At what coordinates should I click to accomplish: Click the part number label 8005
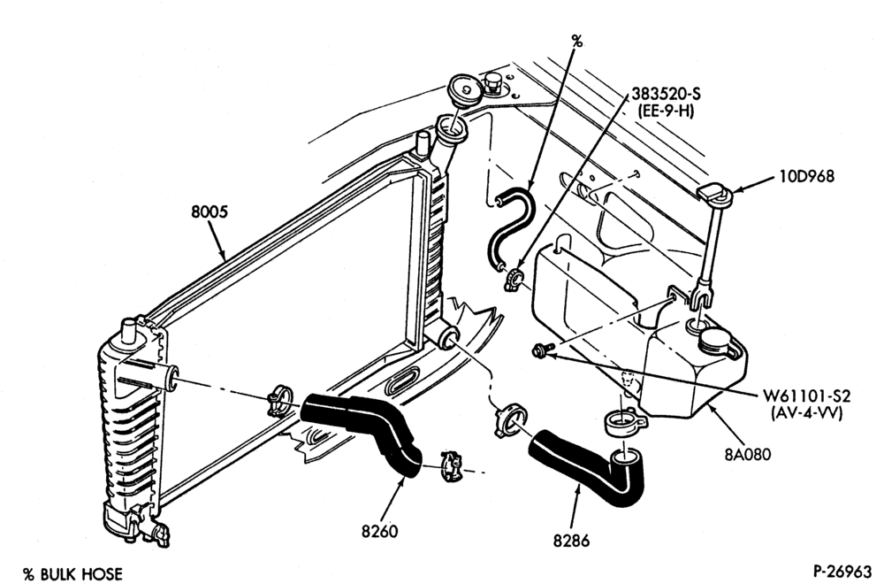click(x=210, y=212)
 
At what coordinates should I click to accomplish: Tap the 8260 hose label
click(x=379, y=531)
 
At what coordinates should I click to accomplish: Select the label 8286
click(x=571, y=541)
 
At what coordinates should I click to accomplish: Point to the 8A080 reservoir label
click(x=747, y=453)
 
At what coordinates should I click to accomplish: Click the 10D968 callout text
click(x=807, y=177)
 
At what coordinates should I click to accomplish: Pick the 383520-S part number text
click(x=666, y=94)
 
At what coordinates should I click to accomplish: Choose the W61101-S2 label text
click(x=806, y=396)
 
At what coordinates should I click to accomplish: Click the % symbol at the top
click(x=576, y=41)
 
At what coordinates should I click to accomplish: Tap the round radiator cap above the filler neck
click(x=465, y=89)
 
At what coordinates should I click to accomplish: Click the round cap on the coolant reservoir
click(x=716, y=342)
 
